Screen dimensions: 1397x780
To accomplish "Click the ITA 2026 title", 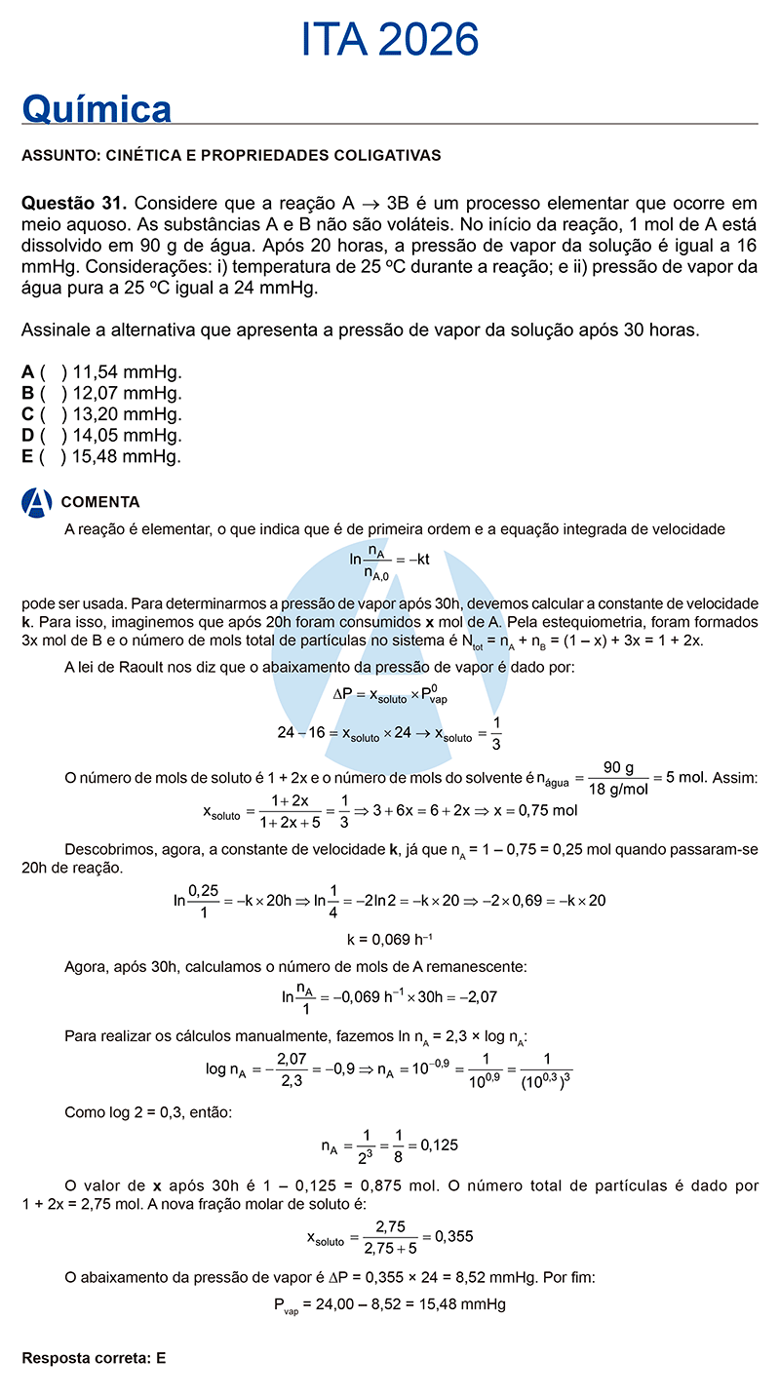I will (390, 40).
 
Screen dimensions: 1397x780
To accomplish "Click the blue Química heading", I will (97, 109).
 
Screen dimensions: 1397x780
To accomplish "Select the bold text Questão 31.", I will (74, 203).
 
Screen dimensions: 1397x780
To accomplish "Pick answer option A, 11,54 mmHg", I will (101, 372).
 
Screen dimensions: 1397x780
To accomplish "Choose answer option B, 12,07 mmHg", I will (101, 393).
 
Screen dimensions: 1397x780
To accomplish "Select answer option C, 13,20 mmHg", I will (101, 414).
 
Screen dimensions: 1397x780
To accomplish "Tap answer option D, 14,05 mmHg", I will (101, 436).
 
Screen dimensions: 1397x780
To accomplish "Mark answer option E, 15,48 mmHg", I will (101, 456).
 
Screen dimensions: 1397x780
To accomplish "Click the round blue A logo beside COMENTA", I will (37, 503).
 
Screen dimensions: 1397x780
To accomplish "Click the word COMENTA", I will (100, 503).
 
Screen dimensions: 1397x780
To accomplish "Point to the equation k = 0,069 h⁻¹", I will (389, 940).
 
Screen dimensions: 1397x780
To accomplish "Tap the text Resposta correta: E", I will (94, 1357).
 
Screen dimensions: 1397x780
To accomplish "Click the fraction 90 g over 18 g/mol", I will (619, 778).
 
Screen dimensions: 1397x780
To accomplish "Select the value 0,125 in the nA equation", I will (439, 1145).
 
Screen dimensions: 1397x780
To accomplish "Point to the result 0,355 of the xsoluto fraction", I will (453, 1236).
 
